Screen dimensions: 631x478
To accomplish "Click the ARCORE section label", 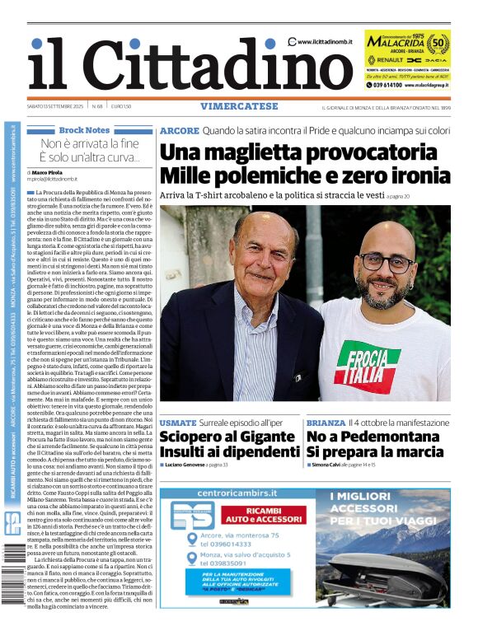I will [x=179, y=130].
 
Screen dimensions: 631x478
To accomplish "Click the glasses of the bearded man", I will [x=386, y=262].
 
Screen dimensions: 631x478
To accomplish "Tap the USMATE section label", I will [x=178, y=423].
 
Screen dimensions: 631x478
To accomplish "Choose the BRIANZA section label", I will [x=326, y=423].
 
